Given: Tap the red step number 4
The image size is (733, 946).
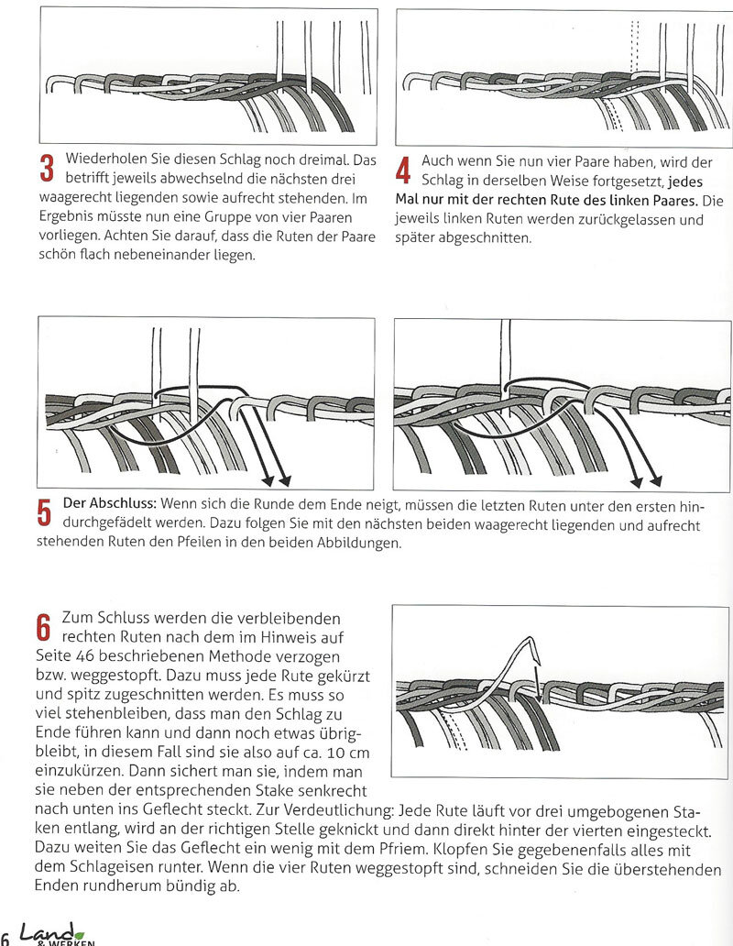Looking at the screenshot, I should click(404, 170).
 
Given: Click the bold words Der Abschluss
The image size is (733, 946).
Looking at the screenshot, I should click(110, 505).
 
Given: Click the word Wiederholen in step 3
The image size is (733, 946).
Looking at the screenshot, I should click(106, 159).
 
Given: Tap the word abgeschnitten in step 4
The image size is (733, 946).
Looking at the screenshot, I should click(482, 237).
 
